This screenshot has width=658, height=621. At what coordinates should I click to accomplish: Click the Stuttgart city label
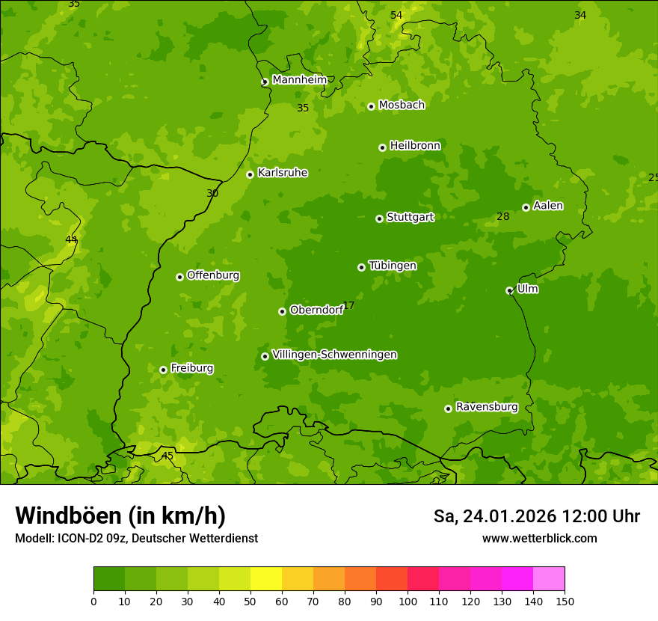point(410,217)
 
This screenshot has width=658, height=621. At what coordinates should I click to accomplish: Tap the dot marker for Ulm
point(509,290)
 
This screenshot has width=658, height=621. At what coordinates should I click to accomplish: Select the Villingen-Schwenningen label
point(334,355)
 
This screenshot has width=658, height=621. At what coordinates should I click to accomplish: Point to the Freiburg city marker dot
point(163,370)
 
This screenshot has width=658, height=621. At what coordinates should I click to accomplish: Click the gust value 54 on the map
point(396,16)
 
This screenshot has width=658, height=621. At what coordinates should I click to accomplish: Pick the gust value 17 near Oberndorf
point(348,306)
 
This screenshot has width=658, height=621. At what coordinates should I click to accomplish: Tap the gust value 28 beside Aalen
point(502,217)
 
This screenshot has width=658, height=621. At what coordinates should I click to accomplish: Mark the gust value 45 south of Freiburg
point(167,456)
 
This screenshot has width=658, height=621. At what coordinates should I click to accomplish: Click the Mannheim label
point(299,80)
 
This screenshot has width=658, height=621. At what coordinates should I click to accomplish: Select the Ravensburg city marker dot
point(448,409)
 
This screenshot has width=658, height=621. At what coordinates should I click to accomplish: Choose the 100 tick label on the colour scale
point(408,602)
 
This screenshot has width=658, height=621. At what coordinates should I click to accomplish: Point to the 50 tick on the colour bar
point(250,602)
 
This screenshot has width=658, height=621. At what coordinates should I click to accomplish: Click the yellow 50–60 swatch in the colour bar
point(266,579)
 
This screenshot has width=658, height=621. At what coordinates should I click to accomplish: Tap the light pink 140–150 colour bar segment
point(549,579)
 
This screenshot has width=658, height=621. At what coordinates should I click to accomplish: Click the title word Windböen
point(68,516)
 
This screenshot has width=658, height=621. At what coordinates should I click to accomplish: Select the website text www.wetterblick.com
point(539,538)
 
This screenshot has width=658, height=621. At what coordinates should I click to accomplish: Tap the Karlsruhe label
point(283,172)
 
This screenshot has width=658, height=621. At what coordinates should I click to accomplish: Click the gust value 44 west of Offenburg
point(71,239)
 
